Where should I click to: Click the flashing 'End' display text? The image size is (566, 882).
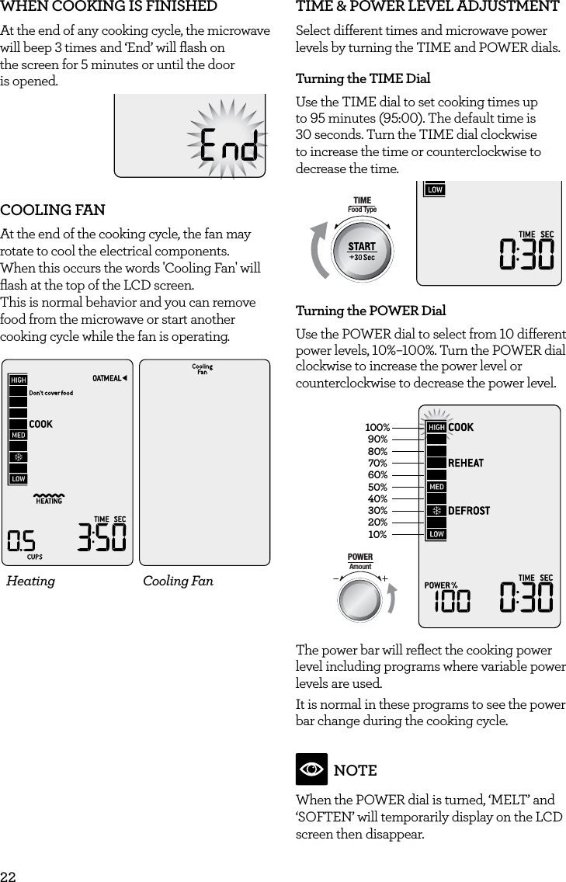point(228,145)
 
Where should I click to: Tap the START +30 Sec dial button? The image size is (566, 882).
point(362,251)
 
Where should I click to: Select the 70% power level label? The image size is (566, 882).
point(377,463)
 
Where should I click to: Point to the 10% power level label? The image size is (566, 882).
point(377,534)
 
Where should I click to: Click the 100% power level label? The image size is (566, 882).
point(377,427)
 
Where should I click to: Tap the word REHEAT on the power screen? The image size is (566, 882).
point(466,463)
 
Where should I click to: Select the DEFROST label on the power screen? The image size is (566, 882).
point(468,510)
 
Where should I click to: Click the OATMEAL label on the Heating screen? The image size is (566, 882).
point(107,378)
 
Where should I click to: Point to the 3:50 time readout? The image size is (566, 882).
point(102,537)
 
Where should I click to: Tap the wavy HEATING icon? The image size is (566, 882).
point(49,497)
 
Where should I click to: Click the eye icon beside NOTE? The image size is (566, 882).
point(311,769)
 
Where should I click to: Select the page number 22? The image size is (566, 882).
point(8,875)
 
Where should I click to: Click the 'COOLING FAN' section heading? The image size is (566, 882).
point(53,210)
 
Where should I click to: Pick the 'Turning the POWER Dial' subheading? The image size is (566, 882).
point(370,311)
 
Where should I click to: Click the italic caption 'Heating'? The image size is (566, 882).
point(31,581)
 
